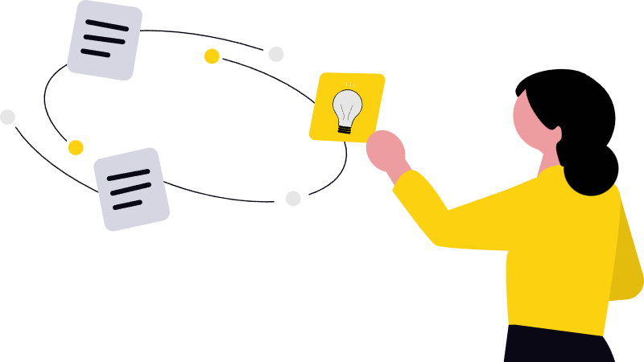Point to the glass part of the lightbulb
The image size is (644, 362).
(347, 106)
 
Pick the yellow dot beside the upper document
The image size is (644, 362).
(212, 56)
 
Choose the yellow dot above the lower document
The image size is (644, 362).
(76, 147)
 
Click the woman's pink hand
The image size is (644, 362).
(386, 150)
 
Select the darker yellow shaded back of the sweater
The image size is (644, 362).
(626, 257)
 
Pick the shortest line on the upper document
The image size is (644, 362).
(96, 53)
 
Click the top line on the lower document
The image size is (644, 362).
(128, 175)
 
